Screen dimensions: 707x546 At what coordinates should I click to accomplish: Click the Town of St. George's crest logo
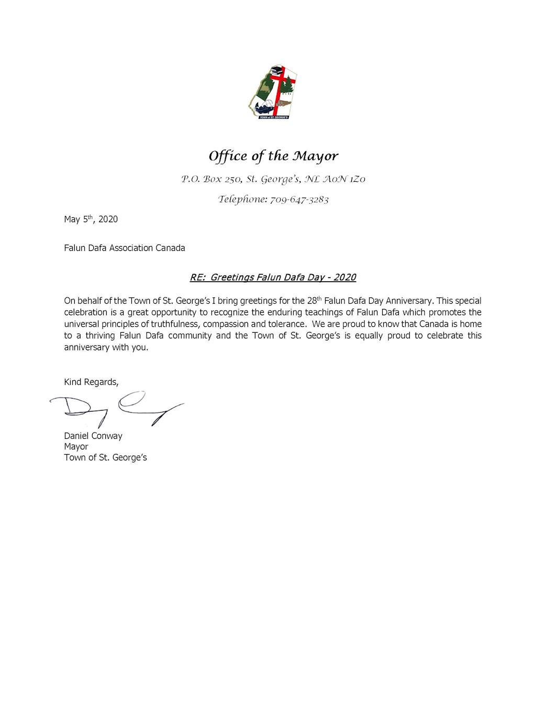(x=272, y=92)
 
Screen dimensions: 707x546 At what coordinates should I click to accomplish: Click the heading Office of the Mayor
(x=273, y=156)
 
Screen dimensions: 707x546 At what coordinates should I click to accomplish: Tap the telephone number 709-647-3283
(x=299, y=200)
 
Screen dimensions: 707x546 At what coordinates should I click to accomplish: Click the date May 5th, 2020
(x=91, y=219)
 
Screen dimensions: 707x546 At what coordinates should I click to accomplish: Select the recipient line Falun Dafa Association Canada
(x=125, y=248)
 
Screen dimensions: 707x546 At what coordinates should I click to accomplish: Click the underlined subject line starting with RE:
(x=273, y=277)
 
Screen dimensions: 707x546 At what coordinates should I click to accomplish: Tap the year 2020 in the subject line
(x=344, y=277)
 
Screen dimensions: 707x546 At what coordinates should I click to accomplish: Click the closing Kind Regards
(x=91, y=382)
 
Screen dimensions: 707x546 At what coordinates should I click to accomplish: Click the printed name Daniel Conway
(x=93, y=436)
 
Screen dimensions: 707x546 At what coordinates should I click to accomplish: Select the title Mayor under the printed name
(x=76, y=447)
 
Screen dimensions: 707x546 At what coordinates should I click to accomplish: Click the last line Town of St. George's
(x=105, y=458)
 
